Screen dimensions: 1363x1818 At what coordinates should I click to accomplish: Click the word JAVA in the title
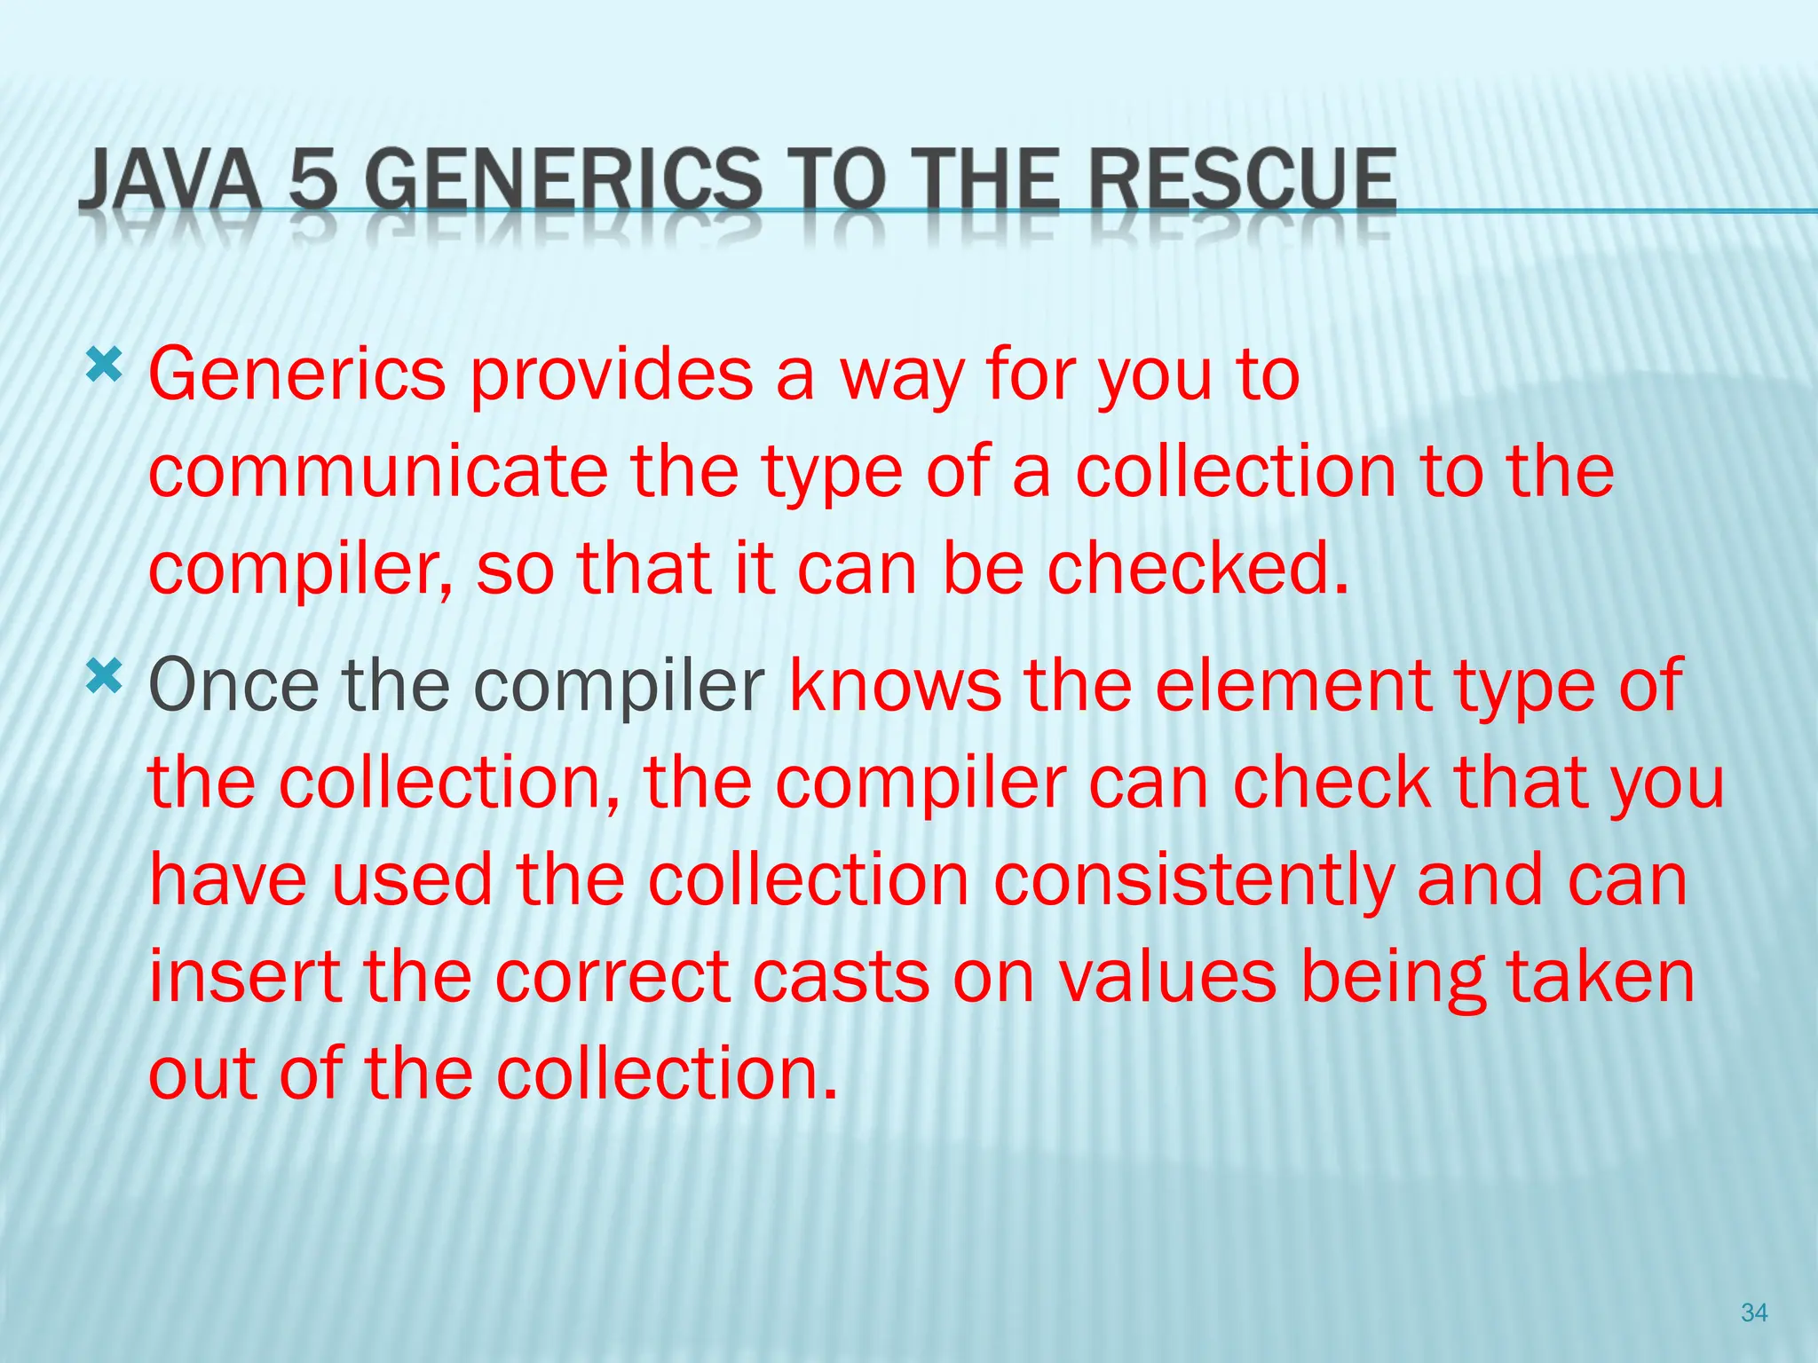(x=169, y=180)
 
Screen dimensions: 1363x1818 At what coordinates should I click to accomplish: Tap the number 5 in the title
(x=314, y=180)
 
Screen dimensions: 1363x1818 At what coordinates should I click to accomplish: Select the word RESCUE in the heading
(x=1242, y=180)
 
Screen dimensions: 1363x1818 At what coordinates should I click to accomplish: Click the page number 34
(x=1754, y=1312)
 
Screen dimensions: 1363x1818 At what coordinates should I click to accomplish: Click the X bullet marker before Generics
(x=104, y=365)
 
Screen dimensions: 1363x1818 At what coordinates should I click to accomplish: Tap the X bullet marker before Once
(x=104, y=678)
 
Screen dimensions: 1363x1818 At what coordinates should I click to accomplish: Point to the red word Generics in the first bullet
(x=296, y=374)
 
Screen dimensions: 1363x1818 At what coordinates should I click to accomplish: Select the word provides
(x=611, y=374)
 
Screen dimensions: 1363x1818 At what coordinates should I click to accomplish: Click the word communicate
(x=378, y=471)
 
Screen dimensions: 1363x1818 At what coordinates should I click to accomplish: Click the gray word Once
(x=233, y=685)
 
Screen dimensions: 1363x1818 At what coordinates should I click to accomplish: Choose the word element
(x=1292, y=685)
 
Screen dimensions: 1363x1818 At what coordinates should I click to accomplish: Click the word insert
(x=245, y=977)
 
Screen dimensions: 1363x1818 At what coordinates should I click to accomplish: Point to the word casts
(x=841, y=977)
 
